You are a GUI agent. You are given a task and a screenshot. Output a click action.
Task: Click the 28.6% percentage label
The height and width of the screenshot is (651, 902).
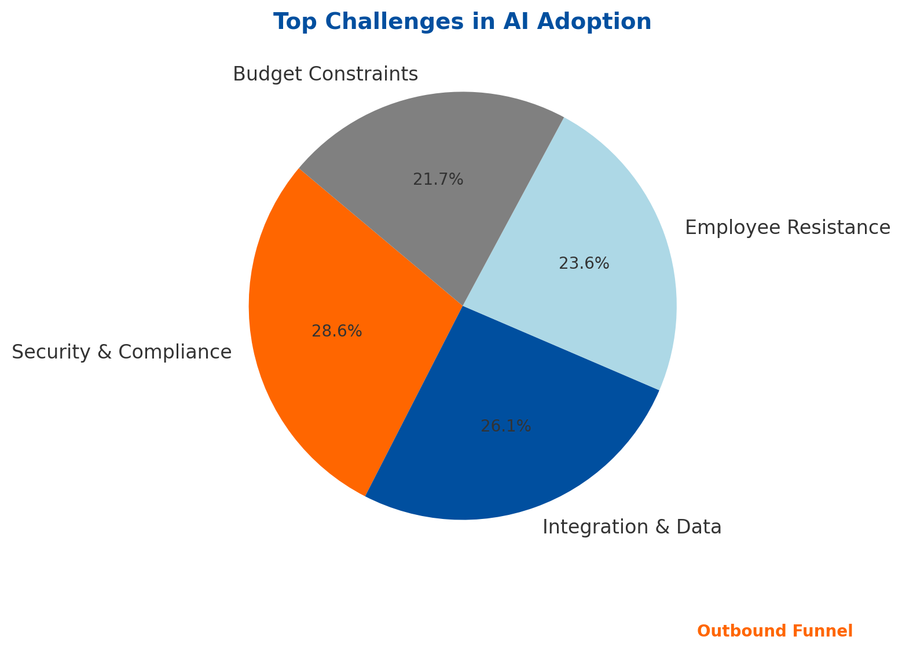click(337, 331)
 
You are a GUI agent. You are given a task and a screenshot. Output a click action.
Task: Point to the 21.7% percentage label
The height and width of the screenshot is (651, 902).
click(438, 180)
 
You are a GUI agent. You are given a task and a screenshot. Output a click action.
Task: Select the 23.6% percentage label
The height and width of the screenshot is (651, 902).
click(584, 264)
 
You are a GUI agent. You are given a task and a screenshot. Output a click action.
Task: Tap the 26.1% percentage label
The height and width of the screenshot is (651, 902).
click(506, 427)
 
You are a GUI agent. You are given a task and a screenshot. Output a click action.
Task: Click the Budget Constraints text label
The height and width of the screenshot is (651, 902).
click(325, 75)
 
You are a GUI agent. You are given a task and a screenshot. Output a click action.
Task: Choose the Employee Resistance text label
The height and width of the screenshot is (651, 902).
click(787, 228)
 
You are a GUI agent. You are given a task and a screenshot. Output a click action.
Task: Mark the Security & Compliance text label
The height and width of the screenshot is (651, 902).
click(122, 353)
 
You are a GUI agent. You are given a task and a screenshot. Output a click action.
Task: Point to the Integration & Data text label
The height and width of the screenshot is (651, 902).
click(632, 528)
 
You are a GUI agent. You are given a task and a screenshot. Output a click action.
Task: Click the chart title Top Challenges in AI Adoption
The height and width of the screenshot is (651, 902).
click(463, 22)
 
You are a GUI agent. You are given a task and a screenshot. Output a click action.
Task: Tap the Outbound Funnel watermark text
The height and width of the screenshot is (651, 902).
click(775, 631)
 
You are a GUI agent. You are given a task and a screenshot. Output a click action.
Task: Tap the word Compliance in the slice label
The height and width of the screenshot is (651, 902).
click(179, 353)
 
